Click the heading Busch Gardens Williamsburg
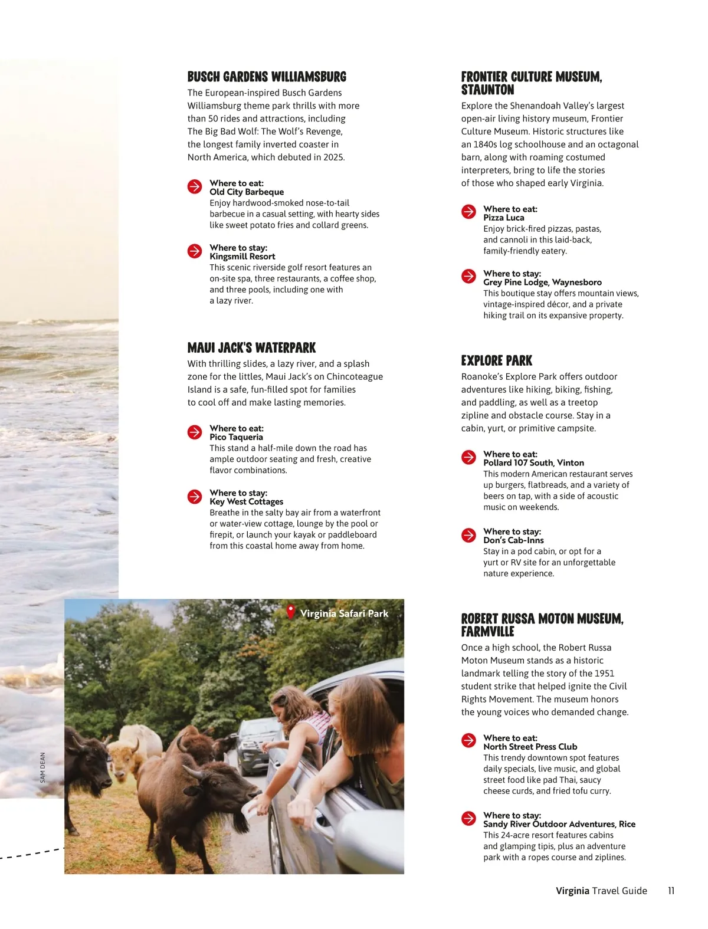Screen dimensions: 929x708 tap(267, 77)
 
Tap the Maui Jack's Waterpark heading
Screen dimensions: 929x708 tap(251, 347)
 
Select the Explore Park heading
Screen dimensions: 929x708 tap(496, 360)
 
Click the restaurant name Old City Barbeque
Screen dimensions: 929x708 tap(247, 192)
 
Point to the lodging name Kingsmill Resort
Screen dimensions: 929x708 tap(242, 257)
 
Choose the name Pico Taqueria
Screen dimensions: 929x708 tap(236, 437)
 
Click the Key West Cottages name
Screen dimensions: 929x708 tap(246, 501)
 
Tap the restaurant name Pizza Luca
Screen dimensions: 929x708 tap(503, 218)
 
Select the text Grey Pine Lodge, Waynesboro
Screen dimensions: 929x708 tap(542, 283)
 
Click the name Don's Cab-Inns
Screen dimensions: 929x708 tap(513, 540)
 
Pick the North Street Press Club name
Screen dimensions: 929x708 tap(530, 747)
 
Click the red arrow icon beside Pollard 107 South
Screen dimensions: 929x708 tap(468, 457)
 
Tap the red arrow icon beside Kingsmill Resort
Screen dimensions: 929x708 tap(195, 251)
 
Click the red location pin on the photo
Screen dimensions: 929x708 tap(290, 612)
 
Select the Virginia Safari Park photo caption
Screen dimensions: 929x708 tap(344, 613)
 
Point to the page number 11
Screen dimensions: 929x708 tap(671, 891)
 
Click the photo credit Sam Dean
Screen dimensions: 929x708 tap(42, 767)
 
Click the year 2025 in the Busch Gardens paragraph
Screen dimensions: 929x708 tap(334, 157)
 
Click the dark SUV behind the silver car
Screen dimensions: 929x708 tap(255, 744)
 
